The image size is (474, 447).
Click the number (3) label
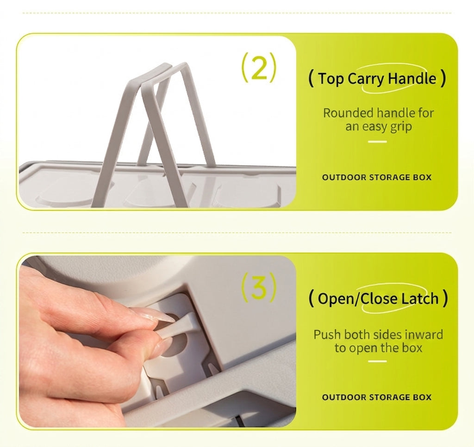click(258, 287)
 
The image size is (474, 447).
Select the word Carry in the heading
click(366, 79)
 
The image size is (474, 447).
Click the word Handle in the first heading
click(412, 78)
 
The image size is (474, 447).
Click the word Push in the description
click(327, 335)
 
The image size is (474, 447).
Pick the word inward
click(424, 335)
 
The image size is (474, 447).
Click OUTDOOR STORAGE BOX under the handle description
click(377, 177)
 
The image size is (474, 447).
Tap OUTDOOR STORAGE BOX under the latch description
click(377, 397)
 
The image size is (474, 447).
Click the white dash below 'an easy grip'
click(378, 142)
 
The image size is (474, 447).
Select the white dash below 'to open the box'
click(378, 361)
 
